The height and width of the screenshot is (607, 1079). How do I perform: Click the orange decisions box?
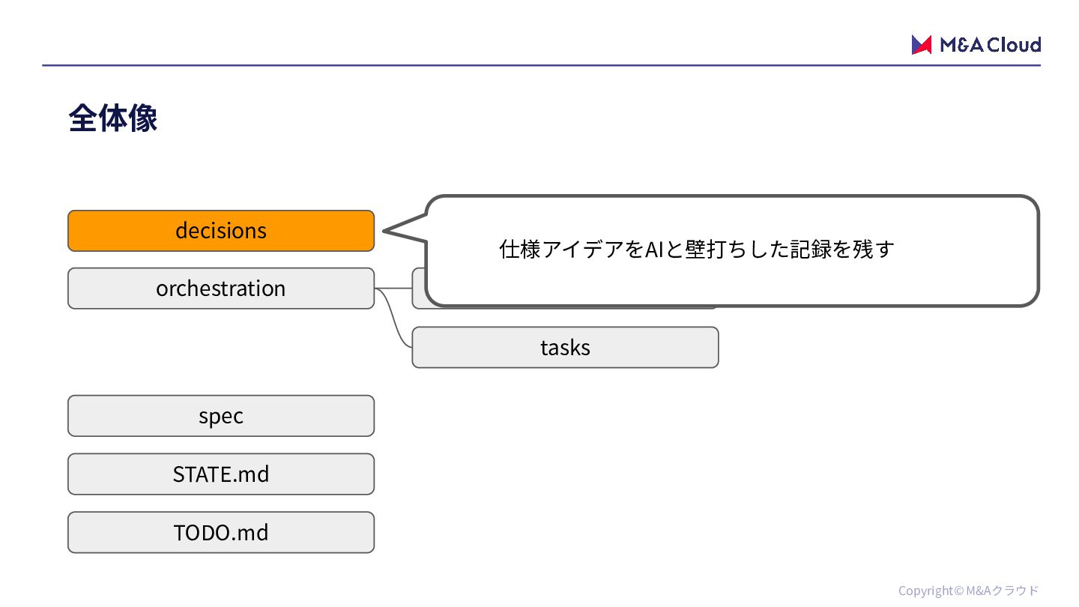221,231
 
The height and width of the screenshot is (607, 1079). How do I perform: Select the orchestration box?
221,289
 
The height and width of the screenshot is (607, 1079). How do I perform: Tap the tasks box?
565,348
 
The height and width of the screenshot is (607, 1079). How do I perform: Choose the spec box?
221,416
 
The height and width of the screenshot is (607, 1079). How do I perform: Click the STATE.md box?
221,474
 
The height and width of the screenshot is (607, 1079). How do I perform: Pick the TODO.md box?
221,532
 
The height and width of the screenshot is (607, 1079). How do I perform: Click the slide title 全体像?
112,118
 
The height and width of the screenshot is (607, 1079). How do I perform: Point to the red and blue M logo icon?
921,45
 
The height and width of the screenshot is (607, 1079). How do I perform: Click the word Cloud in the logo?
1014,45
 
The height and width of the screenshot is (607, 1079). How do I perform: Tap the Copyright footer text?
968,591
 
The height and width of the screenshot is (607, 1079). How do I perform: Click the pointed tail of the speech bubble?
384,232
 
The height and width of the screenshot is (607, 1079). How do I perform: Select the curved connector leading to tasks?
393,315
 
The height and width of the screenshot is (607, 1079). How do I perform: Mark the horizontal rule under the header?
541,65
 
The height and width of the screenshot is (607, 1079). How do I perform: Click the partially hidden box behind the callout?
418,289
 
